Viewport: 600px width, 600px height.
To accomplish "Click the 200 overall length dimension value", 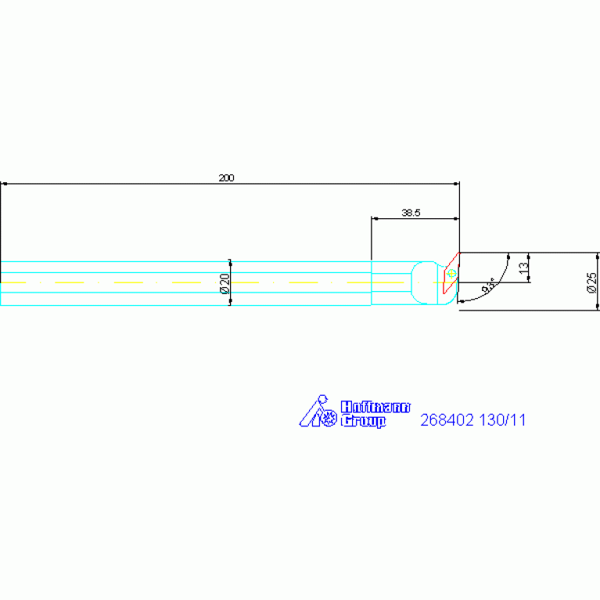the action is (226, 178).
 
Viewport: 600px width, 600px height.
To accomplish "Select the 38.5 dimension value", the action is (411, 213).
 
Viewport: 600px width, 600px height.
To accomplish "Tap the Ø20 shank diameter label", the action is (225, 283).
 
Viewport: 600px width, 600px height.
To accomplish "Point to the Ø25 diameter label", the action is (591, 282).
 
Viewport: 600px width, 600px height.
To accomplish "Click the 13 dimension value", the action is (523, 268).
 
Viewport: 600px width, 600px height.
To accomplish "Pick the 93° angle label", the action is (488, 285).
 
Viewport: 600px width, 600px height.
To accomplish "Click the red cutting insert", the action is (451, 273).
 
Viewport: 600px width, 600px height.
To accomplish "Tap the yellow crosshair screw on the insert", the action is (451, 273).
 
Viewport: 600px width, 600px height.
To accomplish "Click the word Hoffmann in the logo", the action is (375, 407).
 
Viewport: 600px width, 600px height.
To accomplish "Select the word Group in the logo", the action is (363, 421).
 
